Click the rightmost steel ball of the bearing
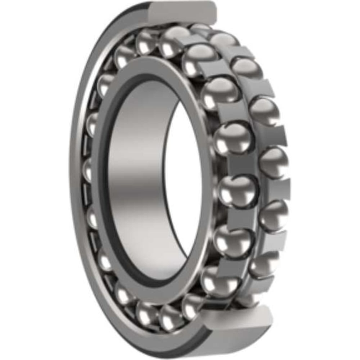click(276, 163)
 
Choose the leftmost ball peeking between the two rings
click(89, 173)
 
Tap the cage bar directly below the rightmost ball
click(277, 189)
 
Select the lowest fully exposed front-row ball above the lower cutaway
click(216, 277)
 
